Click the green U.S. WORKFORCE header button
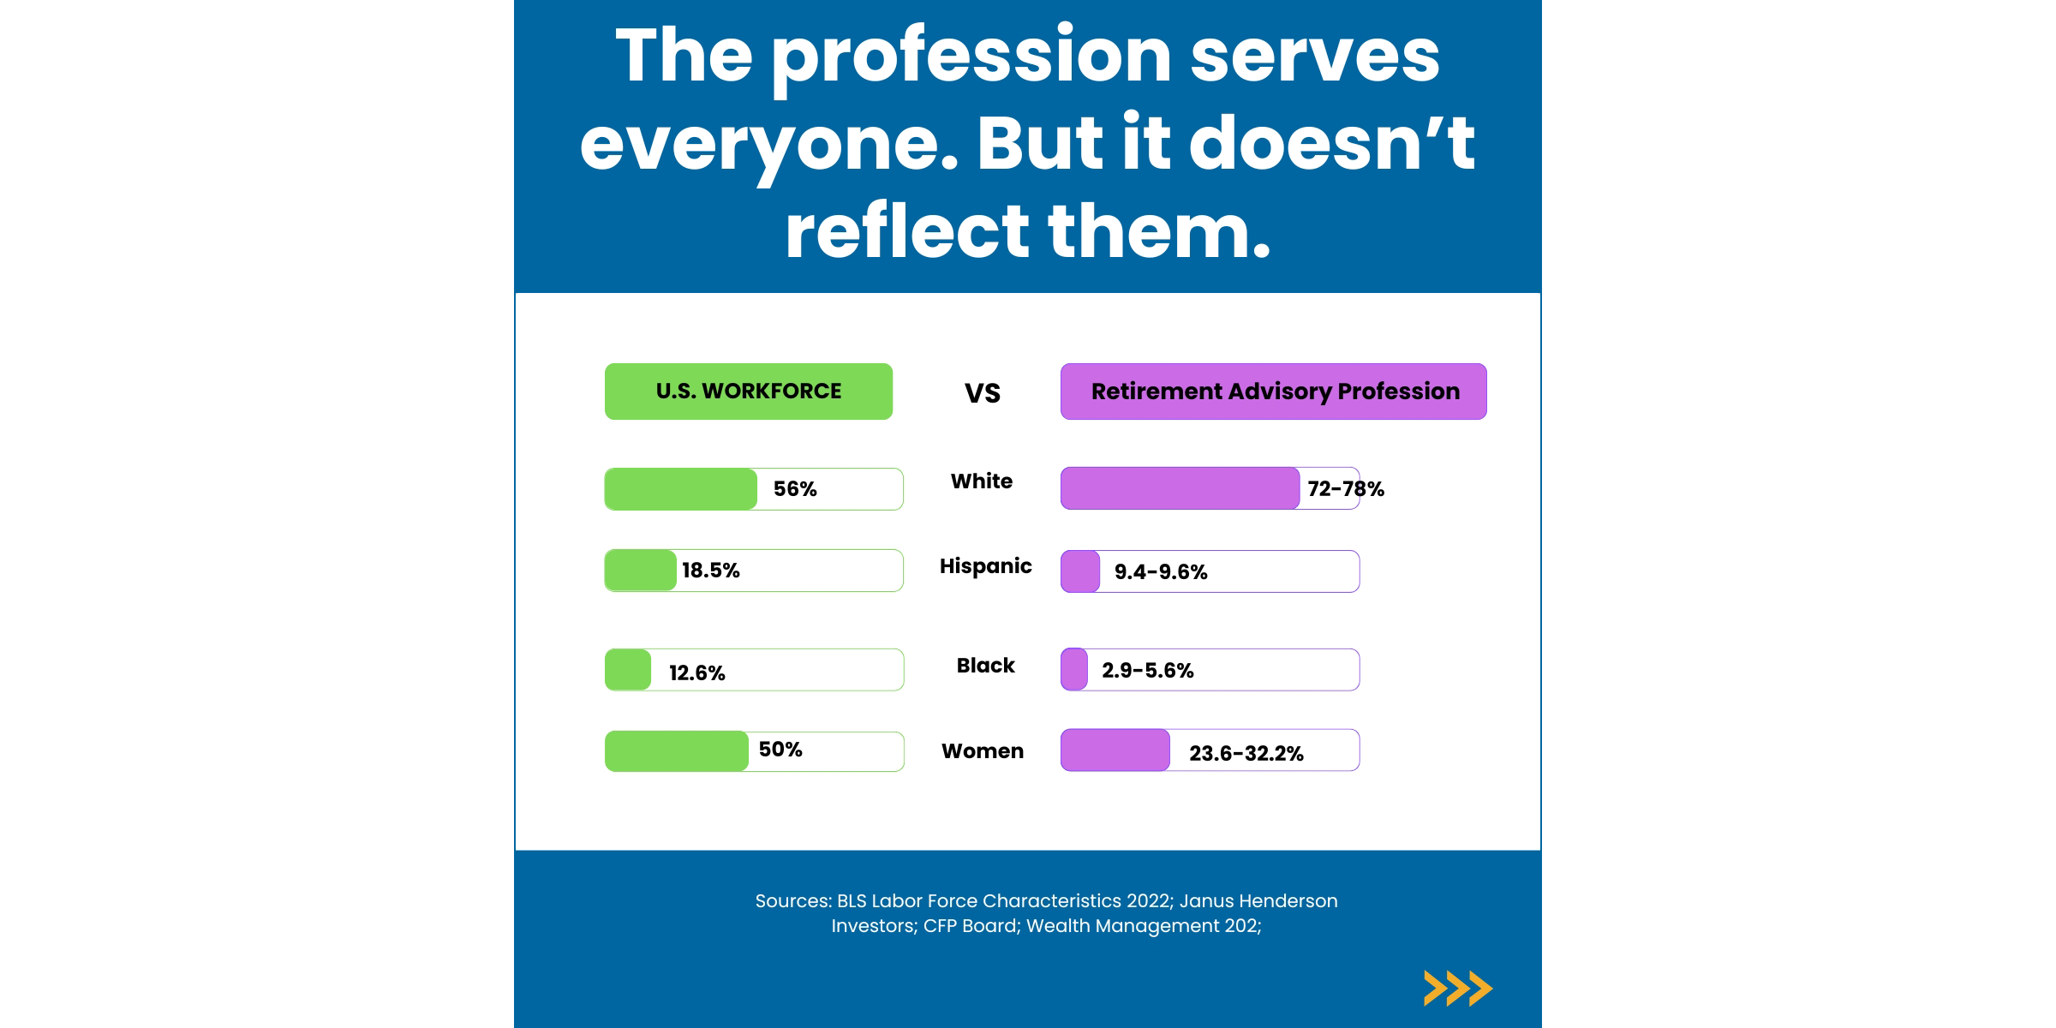(748, 391)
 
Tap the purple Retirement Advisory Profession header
(1273, 391)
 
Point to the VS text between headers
(982, 393)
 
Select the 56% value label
(795, 489)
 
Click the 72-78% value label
(1345, 489)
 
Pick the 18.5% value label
(710, 571)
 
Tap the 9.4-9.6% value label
(1160, 572)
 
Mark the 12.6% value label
(696, 672)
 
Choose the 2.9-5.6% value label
(1147, 671)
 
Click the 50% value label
(780, 750)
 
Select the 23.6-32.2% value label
(1246, 754)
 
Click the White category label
(981, 481)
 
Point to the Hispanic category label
(985, 566)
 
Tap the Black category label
(985, 666)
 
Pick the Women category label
(982, 751)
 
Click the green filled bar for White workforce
(680, 489)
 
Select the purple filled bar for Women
(1115, 750)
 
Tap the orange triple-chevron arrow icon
(1457, 989)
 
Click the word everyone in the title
(757, 144)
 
